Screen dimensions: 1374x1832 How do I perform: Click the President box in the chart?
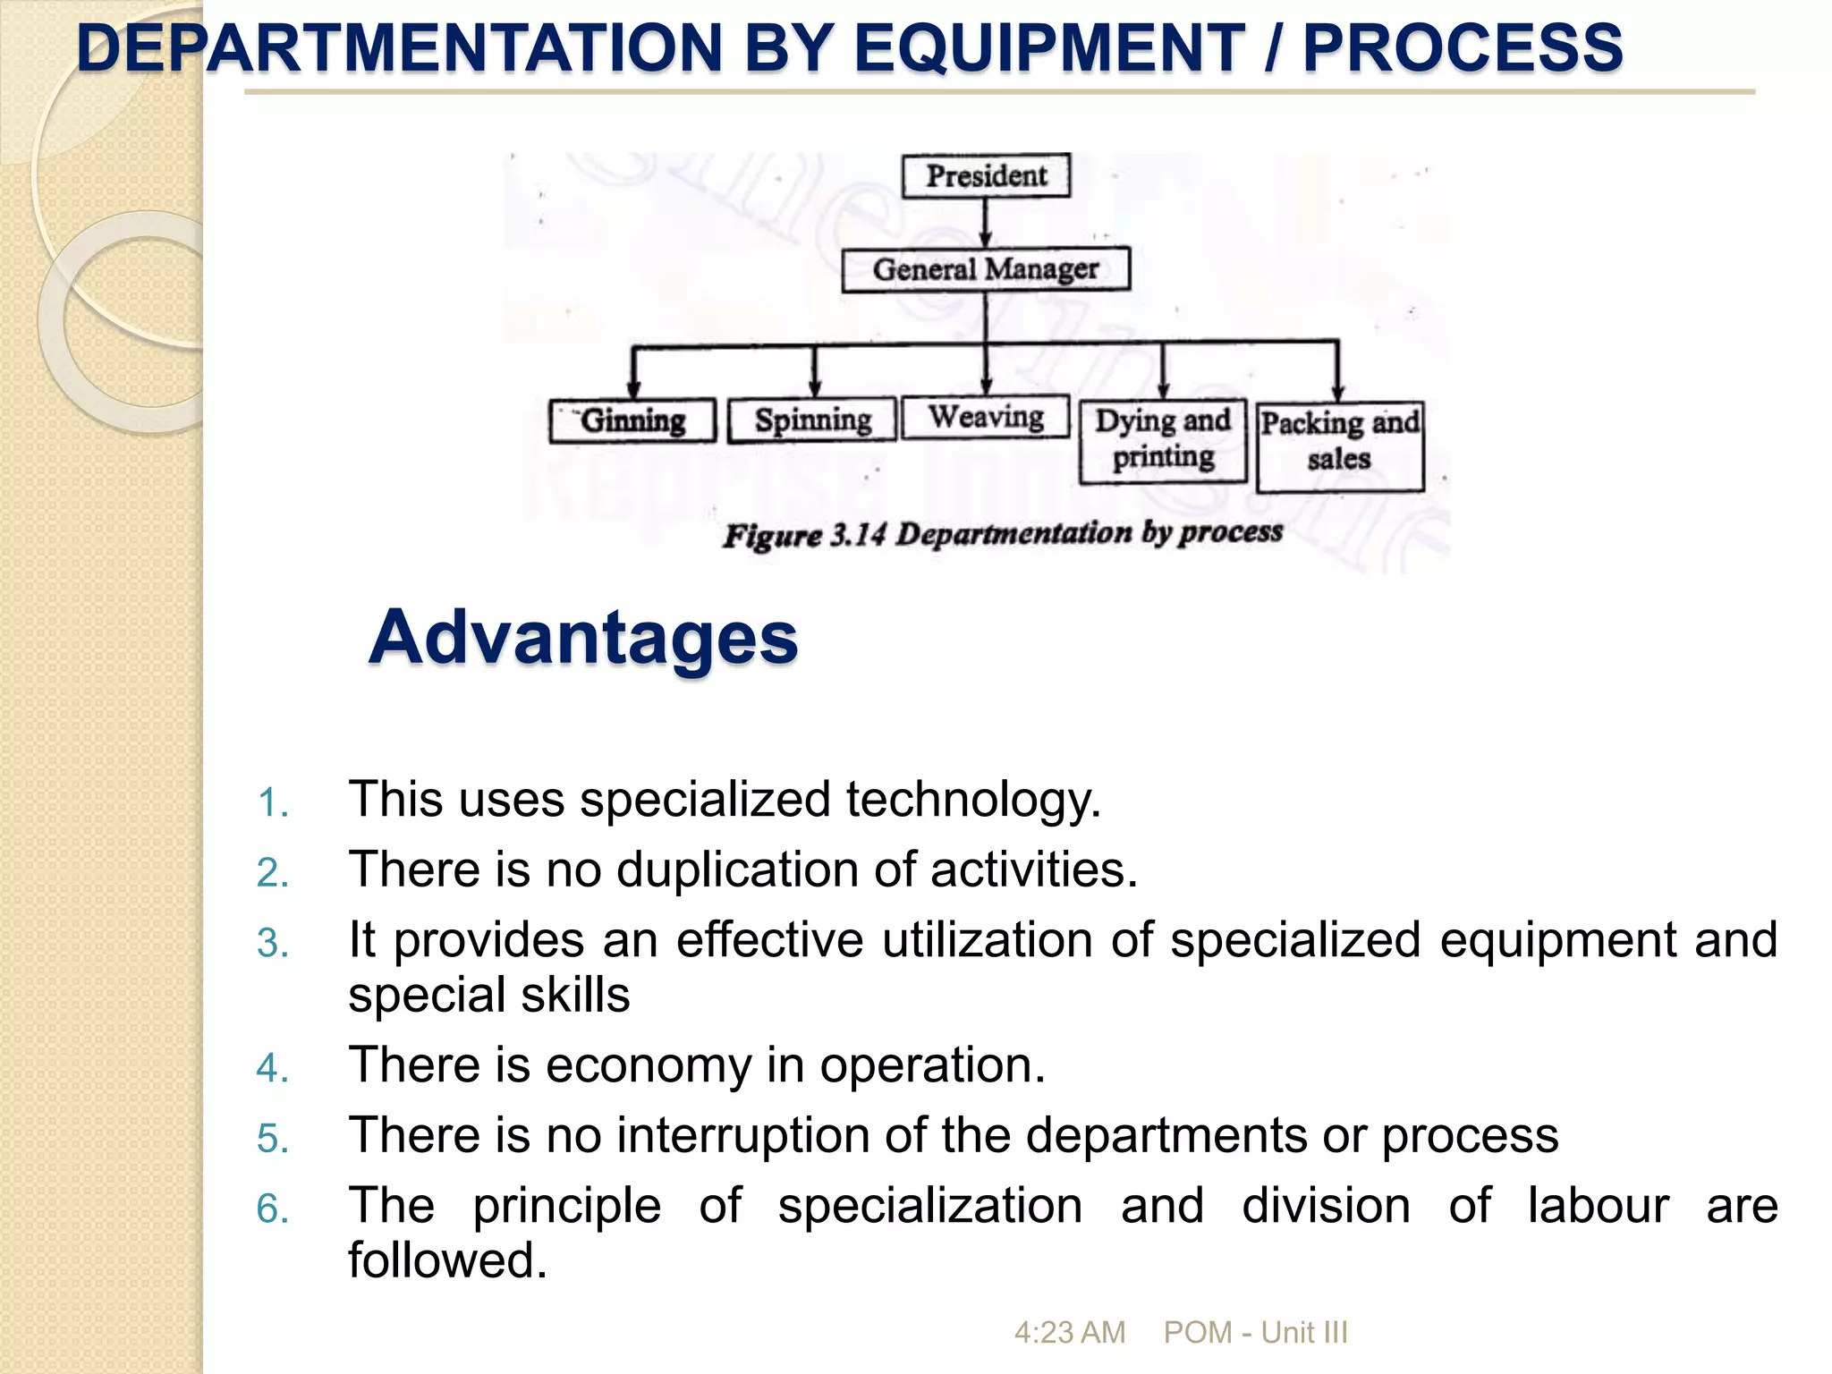click(x=986, y=176)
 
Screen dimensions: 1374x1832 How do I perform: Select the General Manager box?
click(x=986, y=269)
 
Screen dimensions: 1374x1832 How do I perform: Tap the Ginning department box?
click(x=632, y=420)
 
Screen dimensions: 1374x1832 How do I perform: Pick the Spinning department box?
click(x=812, y=420)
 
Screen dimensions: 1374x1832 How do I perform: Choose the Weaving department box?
click(x=986, y=417)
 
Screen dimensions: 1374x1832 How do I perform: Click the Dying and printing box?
click(x=1163, y=440)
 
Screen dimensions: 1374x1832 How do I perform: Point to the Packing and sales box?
click(x=1339, y=445)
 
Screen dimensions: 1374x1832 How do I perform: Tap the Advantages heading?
click(x=583, y=637)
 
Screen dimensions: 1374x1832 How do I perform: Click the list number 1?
click(x=273, y=802)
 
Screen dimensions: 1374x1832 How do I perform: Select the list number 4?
click(x=273, y=1068)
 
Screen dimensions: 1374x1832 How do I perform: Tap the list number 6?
click(x=273, y=1209)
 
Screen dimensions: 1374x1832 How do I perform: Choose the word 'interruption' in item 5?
click(x=743, y=1135)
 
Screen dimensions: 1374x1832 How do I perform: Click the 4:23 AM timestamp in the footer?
click(x=1069, y=1333)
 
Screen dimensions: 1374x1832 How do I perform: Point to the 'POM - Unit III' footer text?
click(x=1255, y=1333)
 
